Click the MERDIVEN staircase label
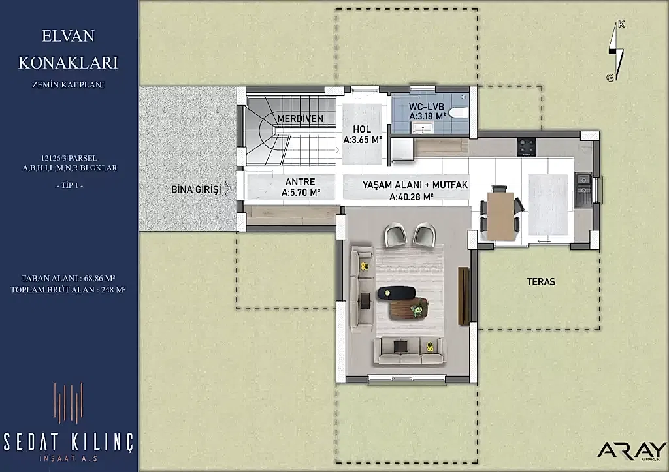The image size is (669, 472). click(x=300, y=119)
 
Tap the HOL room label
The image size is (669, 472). click(x=362, y=129)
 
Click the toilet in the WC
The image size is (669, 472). click(x=458, y=112)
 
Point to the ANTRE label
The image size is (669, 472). click(x=301, y=182)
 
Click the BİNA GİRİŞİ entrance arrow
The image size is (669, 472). click(x=227, y=189)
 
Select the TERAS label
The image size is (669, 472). click(x=540, y=282)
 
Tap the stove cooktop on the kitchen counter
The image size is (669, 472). click(x=527, y=147)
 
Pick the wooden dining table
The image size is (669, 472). click(x=500, y=215)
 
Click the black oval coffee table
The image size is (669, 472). click(x=396, y=292)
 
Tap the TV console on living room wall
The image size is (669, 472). click(x=463, y=296)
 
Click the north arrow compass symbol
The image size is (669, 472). click(x=616, y=51)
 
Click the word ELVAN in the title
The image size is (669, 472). click(x=68, y=36)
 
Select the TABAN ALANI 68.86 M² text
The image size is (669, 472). click(x=68, y=278)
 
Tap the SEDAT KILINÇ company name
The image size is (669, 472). click(x=68, y=442)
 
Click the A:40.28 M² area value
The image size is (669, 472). click(x=412, y=197)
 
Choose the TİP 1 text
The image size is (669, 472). click(x=69, y=185)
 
